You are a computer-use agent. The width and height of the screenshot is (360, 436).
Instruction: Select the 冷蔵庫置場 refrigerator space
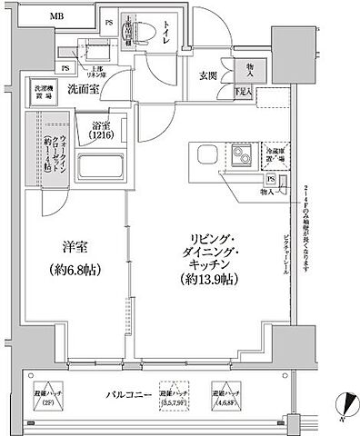click(275, 154)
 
